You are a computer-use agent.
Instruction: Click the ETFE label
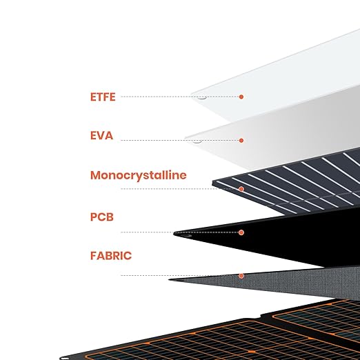(103, 97)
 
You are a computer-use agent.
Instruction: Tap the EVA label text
(101, 136)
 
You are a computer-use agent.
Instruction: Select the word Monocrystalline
(139, 175)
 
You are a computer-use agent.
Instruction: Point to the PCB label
(102, 217)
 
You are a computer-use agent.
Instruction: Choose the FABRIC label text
(111, 256)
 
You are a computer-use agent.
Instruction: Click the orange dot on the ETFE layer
(241, 97)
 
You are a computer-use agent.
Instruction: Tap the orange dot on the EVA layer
(241, 140)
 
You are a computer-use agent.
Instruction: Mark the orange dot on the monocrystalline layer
(241, 189)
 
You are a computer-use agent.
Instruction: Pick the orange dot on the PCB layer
(241, 232)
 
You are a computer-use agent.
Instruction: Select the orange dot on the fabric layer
(241, 276)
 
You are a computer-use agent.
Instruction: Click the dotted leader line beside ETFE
(180, 97)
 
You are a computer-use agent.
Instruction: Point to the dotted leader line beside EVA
(180, 140)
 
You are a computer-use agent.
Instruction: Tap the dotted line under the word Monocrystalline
(180, 189)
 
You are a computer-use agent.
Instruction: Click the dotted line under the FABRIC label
(180, 275)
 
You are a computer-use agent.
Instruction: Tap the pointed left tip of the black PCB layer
(174, 233)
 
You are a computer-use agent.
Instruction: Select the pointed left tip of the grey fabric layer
(169, 279)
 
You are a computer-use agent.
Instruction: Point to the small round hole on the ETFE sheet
(202, 97)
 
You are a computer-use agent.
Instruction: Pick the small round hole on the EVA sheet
(197, 141)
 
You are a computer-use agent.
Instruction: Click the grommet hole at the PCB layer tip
(186, 236)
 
